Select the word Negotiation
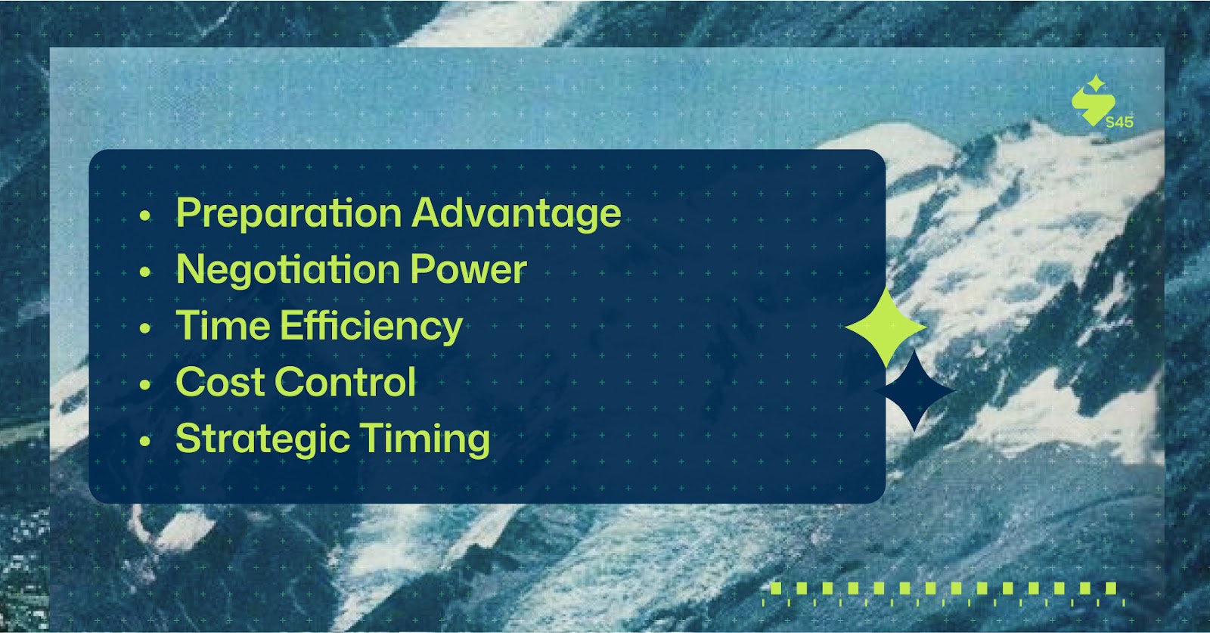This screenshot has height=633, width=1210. (x=288, y=270)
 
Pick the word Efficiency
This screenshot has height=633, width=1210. (x=371, y=326)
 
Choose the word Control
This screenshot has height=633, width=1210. (x=346, y=381)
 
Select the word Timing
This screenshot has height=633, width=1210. (x=425, y=439)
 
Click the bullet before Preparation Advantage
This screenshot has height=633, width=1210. (x=144, y=216)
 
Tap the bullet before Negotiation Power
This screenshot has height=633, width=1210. (x=144, y=272)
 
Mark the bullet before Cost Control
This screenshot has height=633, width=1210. (x=144, y=384)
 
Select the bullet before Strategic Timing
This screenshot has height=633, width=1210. (x=144, y=441)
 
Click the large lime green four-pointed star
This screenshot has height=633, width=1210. (x=886, y=327)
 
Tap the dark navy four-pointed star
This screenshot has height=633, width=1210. (x=914, y=391)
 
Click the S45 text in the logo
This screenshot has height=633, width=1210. (x=1119, y=122)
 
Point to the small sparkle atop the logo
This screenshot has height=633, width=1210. (x=1096, y=83)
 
